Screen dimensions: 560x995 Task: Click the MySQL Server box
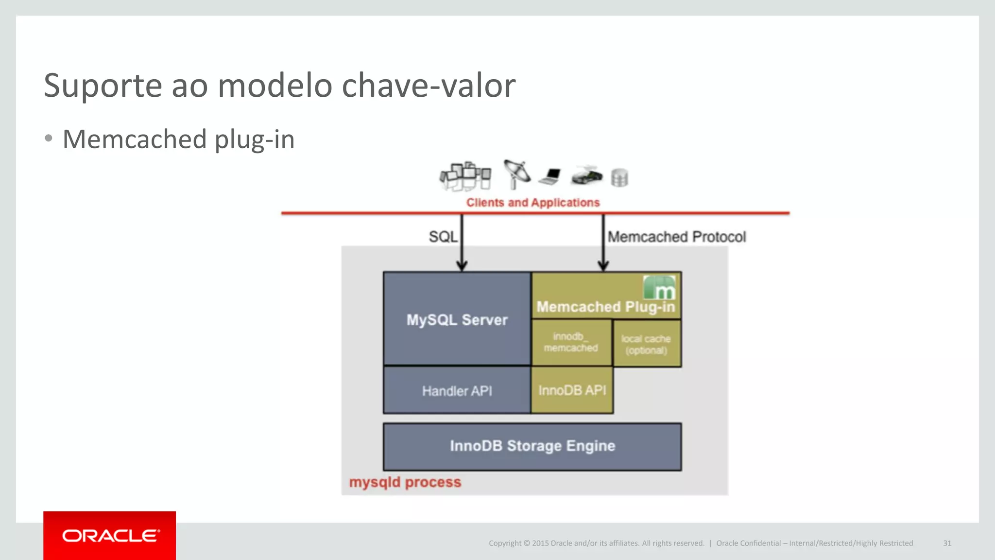[457, 319]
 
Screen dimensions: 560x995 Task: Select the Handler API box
[457, 390]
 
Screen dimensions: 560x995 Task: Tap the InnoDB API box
[572, 390]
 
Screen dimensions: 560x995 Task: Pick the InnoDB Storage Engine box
[532, 446]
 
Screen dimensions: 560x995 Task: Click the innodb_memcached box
[571, 342]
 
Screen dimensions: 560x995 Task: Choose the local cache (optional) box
[646, 344]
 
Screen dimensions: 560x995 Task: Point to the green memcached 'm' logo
[659, 288]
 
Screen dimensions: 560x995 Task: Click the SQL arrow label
[443, 237]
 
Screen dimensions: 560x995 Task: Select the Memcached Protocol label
[676, 237]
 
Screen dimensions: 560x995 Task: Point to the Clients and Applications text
[533, 202]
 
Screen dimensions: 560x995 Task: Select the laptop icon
[550, 176]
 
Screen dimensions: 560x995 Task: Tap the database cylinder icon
[619, 177]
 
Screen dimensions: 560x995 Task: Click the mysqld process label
[405, 482]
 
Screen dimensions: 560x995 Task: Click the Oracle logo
[110, 536]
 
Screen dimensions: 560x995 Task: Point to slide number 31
[947, 543]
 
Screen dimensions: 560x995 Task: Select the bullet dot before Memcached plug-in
[48, 139]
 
